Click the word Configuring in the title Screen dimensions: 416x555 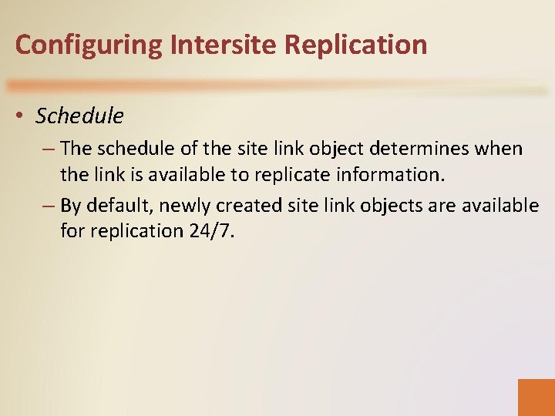(x=89, y=45)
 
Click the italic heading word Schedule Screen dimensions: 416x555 (x=79, y=116)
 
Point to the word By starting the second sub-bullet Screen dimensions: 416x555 (x=70, y=206)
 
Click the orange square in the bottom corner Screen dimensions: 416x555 (x=536, y=397)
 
